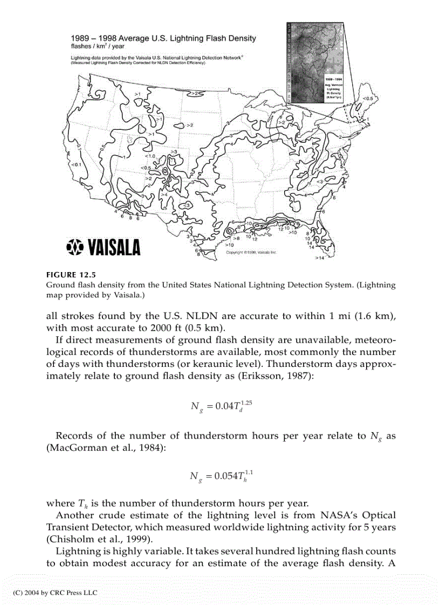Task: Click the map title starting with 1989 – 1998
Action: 164,38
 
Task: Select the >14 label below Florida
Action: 320,258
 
